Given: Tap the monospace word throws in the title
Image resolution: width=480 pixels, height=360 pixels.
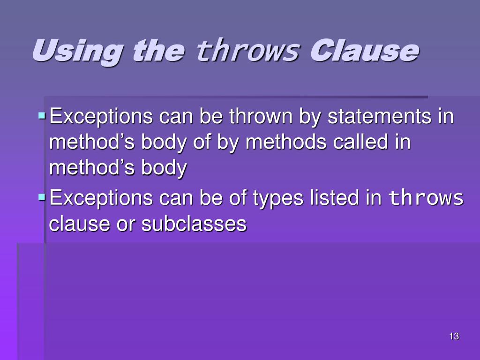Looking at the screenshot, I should (247, 51).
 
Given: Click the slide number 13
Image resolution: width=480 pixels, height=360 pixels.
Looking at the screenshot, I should (453, 336).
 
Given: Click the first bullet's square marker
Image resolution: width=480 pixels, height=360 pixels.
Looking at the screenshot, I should (42, 114).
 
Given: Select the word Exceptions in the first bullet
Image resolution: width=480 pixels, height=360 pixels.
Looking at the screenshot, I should (101, 116).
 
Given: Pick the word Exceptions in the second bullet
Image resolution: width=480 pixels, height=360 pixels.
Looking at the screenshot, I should (101, 198).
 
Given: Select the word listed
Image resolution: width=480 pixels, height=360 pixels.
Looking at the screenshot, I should (335, 198).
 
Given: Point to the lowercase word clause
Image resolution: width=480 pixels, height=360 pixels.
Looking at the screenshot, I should (77, 224).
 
